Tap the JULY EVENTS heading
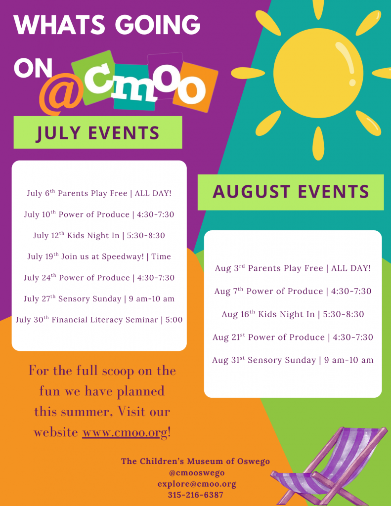coord(98,132)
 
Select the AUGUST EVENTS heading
coord(291,192)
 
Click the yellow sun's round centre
coord(318,73)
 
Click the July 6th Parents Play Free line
coord(99,193)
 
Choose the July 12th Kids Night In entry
coord(99,235)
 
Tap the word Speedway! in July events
coord(123,256)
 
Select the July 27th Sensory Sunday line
coord(99,298)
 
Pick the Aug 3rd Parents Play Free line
coord(293,268)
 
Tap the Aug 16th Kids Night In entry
coord(293,314)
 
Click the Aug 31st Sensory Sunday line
coord(293,360)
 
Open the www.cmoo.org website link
coord(125,432)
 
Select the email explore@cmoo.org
coord(197,484)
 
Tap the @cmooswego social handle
coord(197,473)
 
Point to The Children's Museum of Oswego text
coord(195,461)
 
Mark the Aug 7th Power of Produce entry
coord(293,291)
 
